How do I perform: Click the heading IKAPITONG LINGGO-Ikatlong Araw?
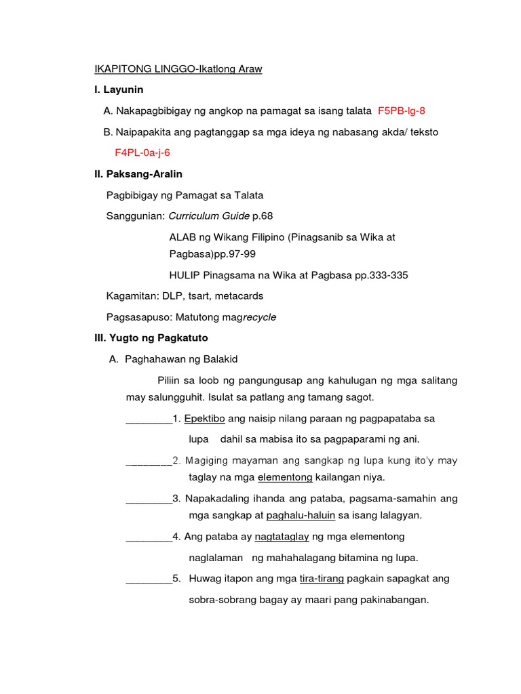[178, 69]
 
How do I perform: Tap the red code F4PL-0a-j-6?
[142, 152]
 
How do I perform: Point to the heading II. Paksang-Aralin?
[138, 174]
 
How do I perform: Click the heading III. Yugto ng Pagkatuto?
[151, 338]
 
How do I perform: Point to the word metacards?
[241, 296]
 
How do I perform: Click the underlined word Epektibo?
[205, 418]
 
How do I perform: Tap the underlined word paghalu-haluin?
[301, 515]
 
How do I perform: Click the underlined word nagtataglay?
[282, 536]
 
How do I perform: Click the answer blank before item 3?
[149, 499]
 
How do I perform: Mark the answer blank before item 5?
[149, 579]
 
